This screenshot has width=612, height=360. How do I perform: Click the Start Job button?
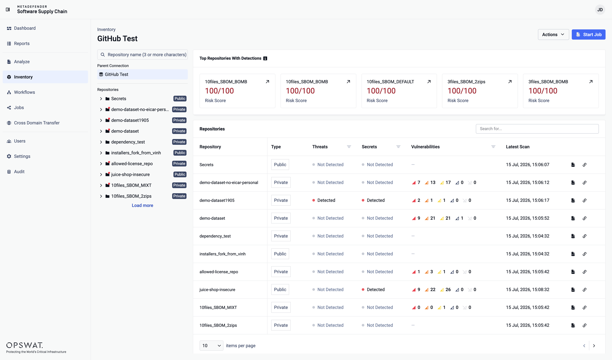pyautogui.click(x=588, y=34)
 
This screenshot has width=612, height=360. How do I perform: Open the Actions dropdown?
pyautogui.click(x=553, y=34)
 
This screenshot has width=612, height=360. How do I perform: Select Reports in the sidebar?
pyautogui.click(x=22, y=43)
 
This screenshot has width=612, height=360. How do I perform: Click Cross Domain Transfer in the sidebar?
pyautogui.click(x=37, y=123)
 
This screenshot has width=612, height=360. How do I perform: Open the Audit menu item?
pyautogui.click(x=19, y=172)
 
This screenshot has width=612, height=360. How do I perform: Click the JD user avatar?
pyautogui.click(x=600, y=10)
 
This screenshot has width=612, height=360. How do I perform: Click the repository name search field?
pyautogui.click(x=142, y=55)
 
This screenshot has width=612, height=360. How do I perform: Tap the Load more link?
pyautogui.click(x=142, y=205)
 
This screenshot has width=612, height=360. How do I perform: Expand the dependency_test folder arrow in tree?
pyautogui.click(x=101, y=142)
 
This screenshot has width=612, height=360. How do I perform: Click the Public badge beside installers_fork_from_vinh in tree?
pyautogui.click(x=180, y=153)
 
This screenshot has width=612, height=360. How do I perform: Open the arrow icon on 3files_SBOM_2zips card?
pyautogui.click(x=510, y=82)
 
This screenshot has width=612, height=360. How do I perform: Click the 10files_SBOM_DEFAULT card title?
pyautogui.click(x=390, y=82)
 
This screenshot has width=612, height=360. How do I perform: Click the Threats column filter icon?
pyautogui.click(x=349, y=147)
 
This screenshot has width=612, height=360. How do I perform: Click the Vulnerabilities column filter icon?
pyautogui.click(x=493, y=147)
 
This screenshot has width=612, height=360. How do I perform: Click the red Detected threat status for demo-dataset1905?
pyautogui.click(x=324, y=200)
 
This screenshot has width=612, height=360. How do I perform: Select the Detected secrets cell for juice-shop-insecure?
pyautogui.click(x=373, y=290)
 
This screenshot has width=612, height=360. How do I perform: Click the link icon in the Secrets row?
pyautogui.click(x=585, y=165)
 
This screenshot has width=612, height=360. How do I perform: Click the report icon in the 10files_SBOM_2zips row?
pyautogui.click(x=573, y=325)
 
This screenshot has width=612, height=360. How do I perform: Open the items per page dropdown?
pyautogui.click(x=211, y=346)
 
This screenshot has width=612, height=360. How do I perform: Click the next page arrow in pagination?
pyautogui.click(x=594, y=346)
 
